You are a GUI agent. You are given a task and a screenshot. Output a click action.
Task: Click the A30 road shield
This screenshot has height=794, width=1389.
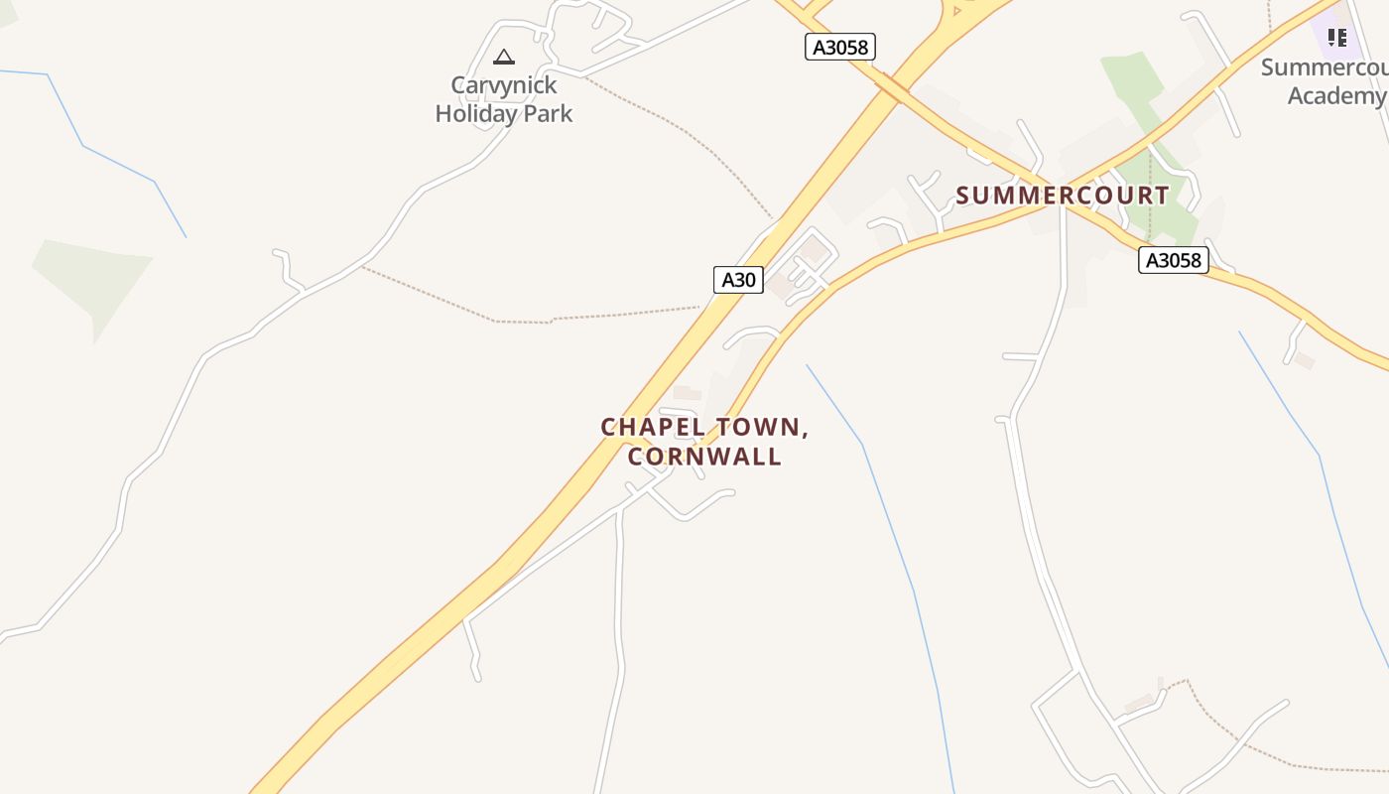738,280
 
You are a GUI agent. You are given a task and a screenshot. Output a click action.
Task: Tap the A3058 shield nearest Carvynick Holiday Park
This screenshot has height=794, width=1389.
839,47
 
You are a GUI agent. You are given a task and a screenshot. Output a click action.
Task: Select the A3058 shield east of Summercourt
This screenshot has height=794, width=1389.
1173,260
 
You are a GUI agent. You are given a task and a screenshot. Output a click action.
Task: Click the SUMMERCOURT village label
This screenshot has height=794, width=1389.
1063,195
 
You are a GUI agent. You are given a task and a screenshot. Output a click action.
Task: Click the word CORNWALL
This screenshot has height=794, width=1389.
704,457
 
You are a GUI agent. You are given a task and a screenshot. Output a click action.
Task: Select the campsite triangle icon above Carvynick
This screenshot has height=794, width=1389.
504,58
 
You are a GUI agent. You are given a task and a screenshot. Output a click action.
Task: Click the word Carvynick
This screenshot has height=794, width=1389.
504,85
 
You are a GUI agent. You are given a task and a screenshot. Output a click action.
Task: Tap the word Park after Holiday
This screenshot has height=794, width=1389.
549,113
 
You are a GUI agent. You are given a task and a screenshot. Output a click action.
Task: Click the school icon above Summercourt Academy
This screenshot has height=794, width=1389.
1336,38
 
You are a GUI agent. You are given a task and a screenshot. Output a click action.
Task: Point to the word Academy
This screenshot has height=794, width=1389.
1334,95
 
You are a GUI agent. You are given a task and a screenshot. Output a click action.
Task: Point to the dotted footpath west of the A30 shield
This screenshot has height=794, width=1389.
595,317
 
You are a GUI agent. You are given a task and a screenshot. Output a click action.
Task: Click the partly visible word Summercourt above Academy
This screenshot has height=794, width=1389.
1325,67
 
